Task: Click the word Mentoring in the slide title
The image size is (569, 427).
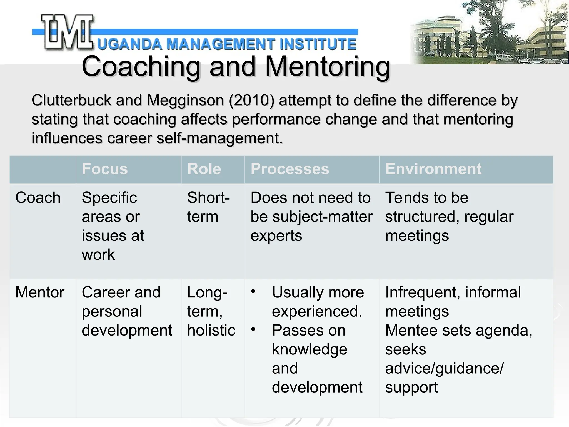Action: (328, 67)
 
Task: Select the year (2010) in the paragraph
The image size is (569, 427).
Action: (252, 100)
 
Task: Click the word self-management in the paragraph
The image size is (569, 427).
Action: (219, 138)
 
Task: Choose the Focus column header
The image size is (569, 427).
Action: (105, 169)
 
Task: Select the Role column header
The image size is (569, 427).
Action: (204, 169)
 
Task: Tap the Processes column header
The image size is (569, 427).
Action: (290, 169)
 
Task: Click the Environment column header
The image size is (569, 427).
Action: (433, 169)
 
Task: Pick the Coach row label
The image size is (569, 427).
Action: (38, 198)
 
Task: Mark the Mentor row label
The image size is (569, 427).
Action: (40, 292)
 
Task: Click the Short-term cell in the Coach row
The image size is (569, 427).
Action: (208, 207)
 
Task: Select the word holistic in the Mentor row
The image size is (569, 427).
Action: (211, 330)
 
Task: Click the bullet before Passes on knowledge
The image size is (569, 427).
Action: (253, 330)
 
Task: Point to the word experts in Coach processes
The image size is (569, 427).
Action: (276, 236)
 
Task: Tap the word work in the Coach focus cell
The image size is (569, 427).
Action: (98, 255)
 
